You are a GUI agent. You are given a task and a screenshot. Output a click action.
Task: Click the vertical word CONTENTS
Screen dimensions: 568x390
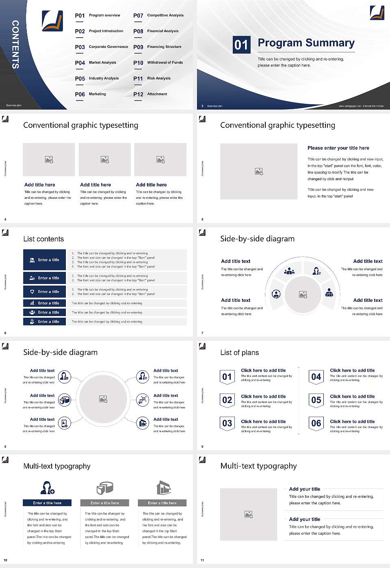pos(15,44)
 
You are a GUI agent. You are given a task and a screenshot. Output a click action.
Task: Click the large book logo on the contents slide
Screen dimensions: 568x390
pos(52,21)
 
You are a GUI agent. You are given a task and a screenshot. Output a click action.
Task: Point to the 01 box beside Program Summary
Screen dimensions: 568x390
pos(241,45)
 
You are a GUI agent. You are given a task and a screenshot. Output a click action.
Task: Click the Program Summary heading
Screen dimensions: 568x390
pos(306,43)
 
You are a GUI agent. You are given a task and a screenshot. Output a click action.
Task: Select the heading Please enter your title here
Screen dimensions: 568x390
pos(338,148)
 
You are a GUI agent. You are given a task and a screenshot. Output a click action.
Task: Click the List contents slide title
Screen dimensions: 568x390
pos(43,239)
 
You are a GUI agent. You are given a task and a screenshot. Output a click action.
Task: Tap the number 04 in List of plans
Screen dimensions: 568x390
pos(316,377)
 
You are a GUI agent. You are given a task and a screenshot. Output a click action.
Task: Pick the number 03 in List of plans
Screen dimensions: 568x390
pos(227,423)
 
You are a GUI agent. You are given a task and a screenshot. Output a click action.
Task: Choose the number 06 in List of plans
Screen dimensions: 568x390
pos(316,423)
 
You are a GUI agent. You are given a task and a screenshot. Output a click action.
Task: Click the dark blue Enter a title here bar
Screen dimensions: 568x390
pos(47,503)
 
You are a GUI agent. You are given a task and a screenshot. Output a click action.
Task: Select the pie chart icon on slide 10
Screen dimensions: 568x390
pos(105,488)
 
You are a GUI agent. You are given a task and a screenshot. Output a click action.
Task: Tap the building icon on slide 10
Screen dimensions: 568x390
pos(163,488)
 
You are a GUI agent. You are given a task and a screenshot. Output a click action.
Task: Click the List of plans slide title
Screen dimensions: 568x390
pos(239,353)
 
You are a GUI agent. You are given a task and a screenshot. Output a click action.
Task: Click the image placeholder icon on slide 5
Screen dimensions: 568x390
pos(259,172)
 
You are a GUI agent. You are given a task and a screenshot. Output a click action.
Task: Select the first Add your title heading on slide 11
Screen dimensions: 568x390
pos(304,489)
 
